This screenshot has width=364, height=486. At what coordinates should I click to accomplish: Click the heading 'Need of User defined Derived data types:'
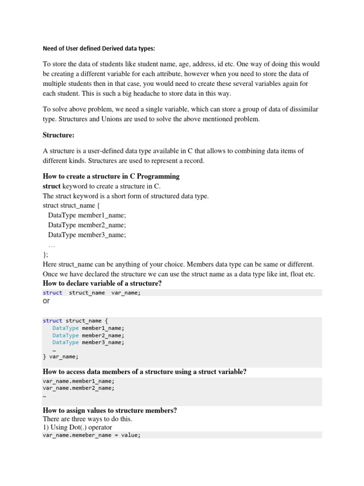coord(99,48)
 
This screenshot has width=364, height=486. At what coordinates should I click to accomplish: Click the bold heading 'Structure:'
coord(58,135)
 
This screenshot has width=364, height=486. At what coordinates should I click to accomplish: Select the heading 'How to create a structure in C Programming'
coord(111,176)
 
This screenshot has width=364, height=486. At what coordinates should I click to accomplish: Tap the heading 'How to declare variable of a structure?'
coord(102,283)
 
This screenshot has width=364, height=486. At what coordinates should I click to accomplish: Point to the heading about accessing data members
coord(145,372)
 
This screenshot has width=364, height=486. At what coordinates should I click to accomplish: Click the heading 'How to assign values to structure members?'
coord(109,410)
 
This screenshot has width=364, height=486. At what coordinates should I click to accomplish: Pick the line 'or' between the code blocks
coord(46,301)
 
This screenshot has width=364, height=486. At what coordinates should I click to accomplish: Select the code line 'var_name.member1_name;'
coord(78,381)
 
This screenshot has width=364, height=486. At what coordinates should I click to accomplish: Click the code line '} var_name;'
coord(61,356)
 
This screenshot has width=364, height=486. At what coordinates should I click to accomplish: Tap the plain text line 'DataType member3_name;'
coord(87,234)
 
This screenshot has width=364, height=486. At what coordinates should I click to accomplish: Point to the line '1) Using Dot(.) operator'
coord(77,428)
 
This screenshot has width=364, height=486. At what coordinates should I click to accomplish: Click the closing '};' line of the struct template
coord(45,255)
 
